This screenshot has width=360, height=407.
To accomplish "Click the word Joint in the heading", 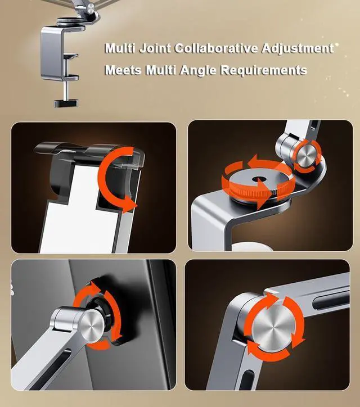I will (x=153, y=48).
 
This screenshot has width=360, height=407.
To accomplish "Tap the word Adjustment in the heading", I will (x=296, y=48).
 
